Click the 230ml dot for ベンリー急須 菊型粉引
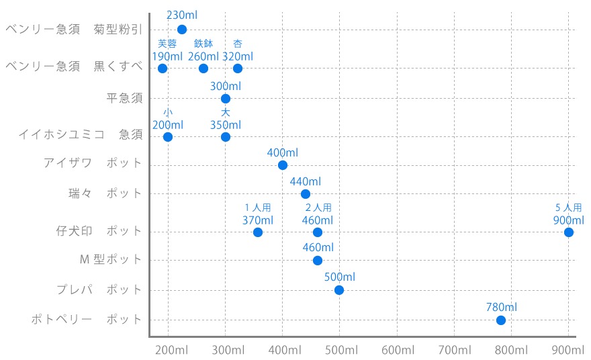coord(182,29)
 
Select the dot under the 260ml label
coord(203,69)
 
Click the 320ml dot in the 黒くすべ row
coord(238,69)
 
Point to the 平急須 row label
coord(125,99)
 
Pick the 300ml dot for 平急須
coord(226,99)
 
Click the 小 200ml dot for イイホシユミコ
coord(168,137)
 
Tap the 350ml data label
coord(226,125)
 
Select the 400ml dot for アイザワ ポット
coord(283,165)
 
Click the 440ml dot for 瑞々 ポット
coord(306,194)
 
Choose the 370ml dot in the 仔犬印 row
coord(258,232)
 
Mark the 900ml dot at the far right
coord(569,232)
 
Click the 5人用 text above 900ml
coord(569,208)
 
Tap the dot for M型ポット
coord(318,261)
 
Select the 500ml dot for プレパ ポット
coord(339,290)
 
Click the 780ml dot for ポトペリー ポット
coord(501,320)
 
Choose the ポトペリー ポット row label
coord(87,320)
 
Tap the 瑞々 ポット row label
coord(105,193)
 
